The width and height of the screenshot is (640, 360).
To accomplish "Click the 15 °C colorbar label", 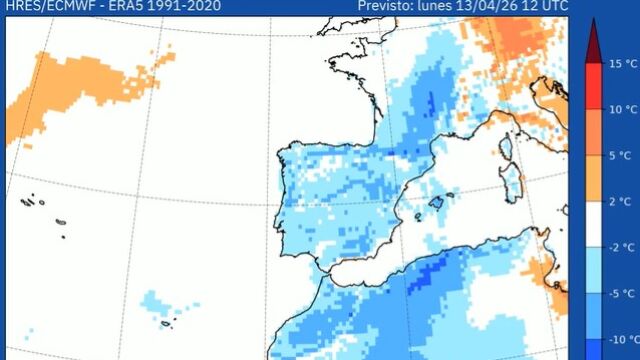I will [x=620, y=64].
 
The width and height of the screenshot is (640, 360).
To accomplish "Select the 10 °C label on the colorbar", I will [x=620, y=109].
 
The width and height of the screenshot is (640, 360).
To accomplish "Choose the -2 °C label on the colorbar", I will [x=620, y=247].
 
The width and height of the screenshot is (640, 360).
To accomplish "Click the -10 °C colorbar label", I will [x=620, y=339].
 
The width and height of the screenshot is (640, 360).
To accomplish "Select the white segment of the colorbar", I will [x=592, y=224].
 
